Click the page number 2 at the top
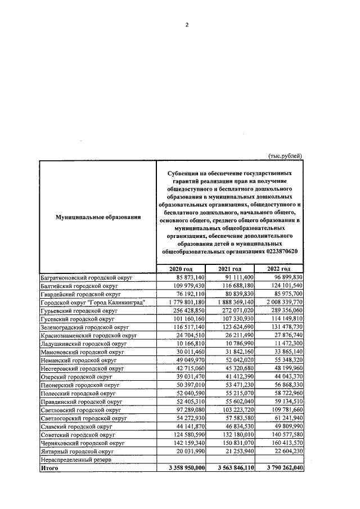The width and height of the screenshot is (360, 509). [x=186, y=25]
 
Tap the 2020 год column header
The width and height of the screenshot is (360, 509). [x=181, y=269]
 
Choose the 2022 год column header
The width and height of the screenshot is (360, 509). [x=278, y=269]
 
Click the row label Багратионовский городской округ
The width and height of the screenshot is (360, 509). [x=86, y=277]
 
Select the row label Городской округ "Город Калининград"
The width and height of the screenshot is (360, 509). [x=94, y=303]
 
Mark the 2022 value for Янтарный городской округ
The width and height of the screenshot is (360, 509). [x=285, y=451]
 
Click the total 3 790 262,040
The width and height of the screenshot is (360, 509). [x=280, y=467]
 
